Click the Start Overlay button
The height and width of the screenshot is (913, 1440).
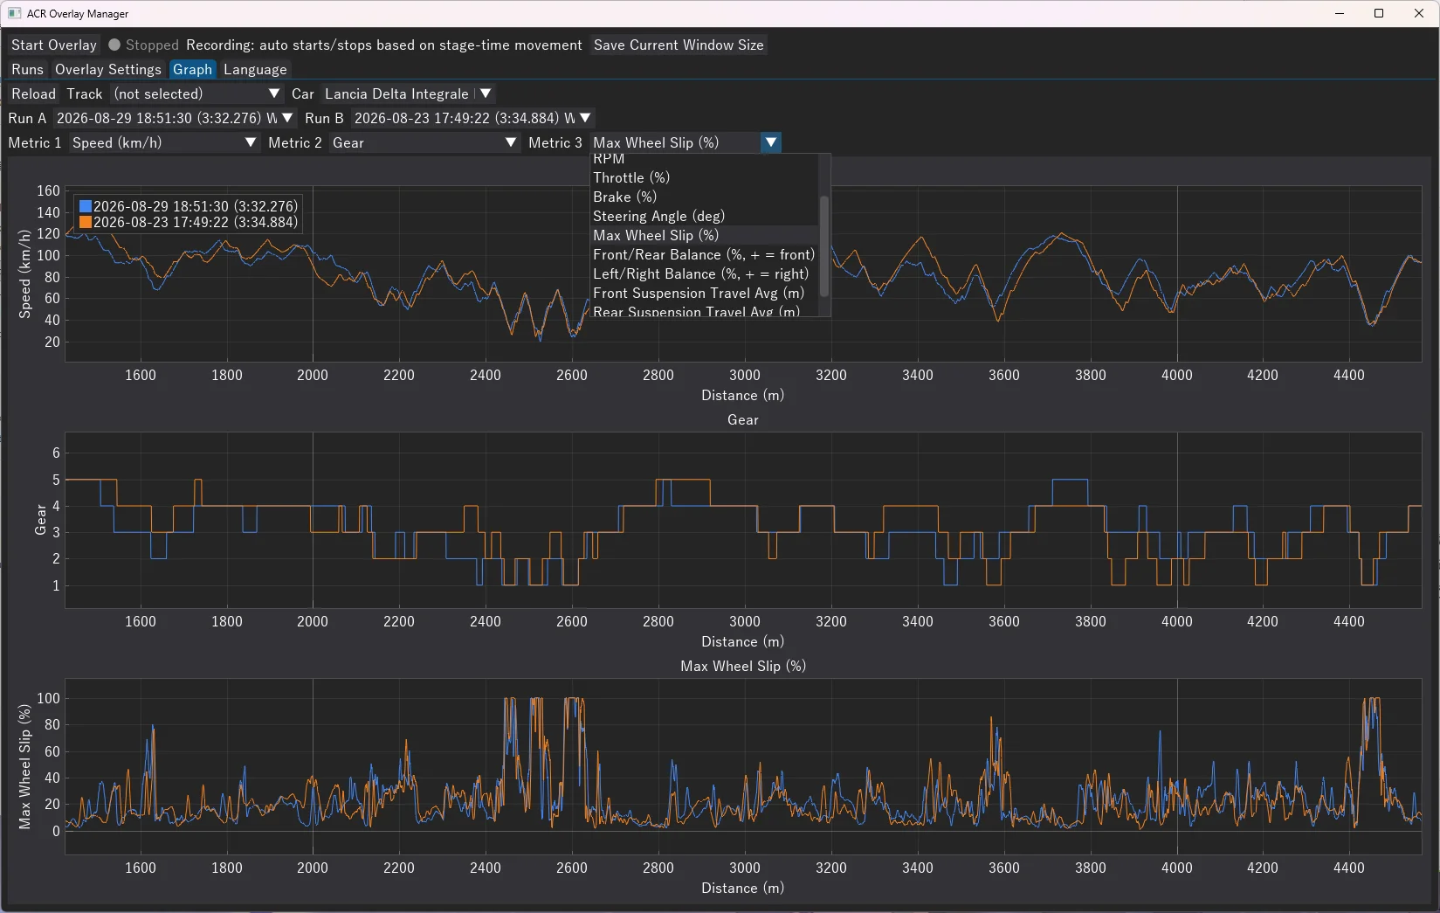(54, 45)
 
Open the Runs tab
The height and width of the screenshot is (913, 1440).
(28, 69)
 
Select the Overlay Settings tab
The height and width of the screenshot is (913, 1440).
(108, 69)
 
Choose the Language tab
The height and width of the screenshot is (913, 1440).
(255, 69)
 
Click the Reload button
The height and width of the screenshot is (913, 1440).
(33, 93)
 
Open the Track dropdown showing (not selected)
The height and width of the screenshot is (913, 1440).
(196, 93)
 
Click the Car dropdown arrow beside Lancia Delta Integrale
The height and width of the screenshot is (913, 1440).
(486, 93)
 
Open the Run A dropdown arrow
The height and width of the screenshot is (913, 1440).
(287, 118)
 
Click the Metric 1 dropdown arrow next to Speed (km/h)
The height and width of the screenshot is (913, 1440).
(251, 142)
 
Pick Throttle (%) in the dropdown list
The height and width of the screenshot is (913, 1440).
(631, 177)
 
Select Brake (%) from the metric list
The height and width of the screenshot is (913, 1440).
(625, 197)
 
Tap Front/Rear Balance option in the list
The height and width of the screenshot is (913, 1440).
(704, 254)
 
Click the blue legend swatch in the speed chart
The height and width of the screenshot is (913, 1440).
(86, 206)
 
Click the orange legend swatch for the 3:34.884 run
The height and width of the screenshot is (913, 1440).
(86, 223)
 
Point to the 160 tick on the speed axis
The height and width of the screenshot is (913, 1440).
(48, 191)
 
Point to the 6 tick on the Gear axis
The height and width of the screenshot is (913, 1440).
(56, 453)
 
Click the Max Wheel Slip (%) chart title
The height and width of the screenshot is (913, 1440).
(743, 666)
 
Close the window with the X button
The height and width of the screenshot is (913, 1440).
(1419, 13)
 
